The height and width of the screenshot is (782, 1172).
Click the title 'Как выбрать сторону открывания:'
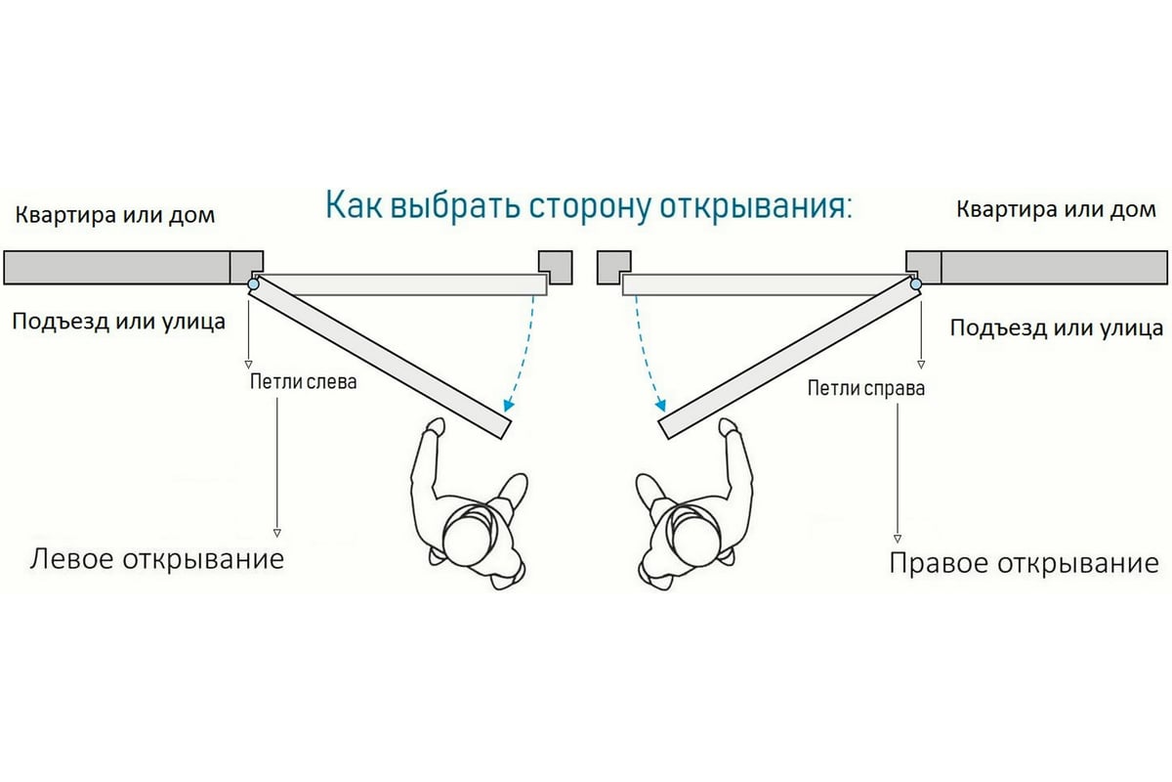(x=588, y=207)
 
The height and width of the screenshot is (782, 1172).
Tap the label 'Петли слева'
(x=304, y=381)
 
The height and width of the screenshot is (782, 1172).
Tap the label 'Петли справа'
(x=865, y=388)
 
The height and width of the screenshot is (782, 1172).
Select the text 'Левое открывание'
(x=157, y=559)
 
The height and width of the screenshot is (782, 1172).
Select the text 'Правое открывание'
(x=1024, y=563)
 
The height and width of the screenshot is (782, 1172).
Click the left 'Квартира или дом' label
(x=114, y=214)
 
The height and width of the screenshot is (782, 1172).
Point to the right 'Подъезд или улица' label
(x=1056, y=327)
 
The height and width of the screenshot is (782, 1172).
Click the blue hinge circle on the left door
(x=254, y=284)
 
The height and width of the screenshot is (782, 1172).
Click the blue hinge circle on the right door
(x=916, y=284)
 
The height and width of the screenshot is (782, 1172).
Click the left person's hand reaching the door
(x=435, y=427)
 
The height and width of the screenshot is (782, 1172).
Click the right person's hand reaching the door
(x=728, y=427)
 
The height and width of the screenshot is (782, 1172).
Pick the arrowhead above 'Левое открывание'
(x=276, y=533)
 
